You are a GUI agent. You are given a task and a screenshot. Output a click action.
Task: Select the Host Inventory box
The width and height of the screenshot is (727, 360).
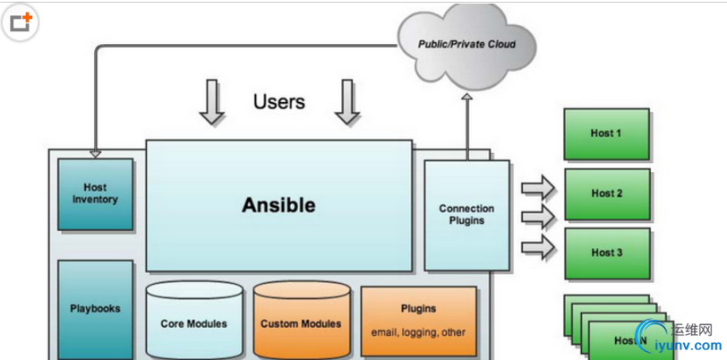[x=95, y=194]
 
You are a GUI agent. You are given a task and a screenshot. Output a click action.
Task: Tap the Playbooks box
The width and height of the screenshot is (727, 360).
[x=95, y=309]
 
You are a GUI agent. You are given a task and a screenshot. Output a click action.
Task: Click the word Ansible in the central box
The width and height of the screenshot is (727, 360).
[x=278, y=205]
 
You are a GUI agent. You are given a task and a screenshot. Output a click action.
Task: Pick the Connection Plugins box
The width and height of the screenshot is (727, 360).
[x=466, y=215]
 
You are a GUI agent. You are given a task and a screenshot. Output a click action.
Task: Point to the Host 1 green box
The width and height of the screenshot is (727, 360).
[x=606, y=133]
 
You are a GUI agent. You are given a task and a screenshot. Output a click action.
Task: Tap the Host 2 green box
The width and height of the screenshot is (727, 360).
[x=606, y=193]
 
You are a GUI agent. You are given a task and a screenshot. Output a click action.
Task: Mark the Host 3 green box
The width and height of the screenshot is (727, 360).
[x=606, y=253]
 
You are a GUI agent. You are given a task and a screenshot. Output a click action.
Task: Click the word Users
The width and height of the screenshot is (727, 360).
[x=278, y=101]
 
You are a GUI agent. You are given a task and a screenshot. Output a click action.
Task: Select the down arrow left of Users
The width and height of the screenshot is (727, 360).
[x=211, y=102]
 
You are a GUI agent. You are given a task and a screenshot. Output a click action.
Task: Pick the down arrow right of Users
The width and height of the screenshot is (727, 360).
[x=346, y=102]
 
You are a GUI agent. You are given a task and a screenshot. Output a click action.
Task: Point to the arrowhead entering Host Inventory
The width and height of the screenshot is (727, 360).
[x=95, y=154]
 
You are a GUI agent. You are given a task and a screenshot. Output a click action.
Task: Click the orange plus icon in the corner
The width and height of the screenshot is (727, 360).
[x=21, y=23]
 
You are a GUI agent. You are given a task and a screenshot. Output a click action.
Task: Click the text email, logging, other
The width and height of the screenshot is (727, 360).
[x=418, y=332]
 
